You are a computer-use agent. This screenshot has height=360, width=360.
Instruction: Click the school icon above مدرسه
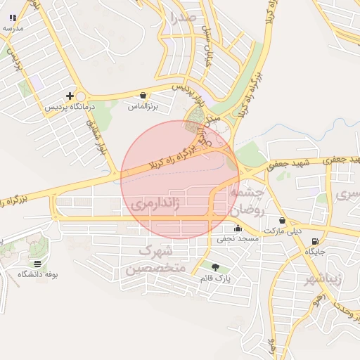(x=13, y=17)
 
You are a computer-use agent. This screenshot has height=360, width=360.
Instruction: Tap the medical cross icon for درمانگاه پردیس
(x=70, y=96)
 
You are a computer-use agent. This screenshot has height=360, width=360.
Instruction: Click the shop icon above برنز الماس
(x=144, y=95)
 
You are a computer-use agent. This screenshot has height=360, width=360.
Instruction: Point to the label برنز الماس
(x=143, y=106)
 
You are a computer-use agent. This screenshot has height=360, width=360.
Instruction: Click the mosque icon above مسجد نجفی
(x=238, y=228)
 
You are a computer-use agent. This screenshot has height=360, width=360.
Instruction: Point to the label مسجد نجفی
(x=238, y=239)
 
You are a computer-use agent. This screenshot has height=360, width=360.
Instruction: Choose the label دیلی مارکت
(x=283, y=231)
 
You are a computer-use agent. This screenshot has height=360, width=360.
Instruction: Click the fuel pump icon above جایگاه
(x=314, y=241)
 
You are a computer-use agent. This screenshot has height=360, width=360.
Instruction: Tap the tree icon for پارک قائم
(x=215, y=266)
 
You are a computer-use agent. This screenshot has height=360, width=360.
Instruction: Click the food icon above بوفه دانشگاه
(x=37, y=263)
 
